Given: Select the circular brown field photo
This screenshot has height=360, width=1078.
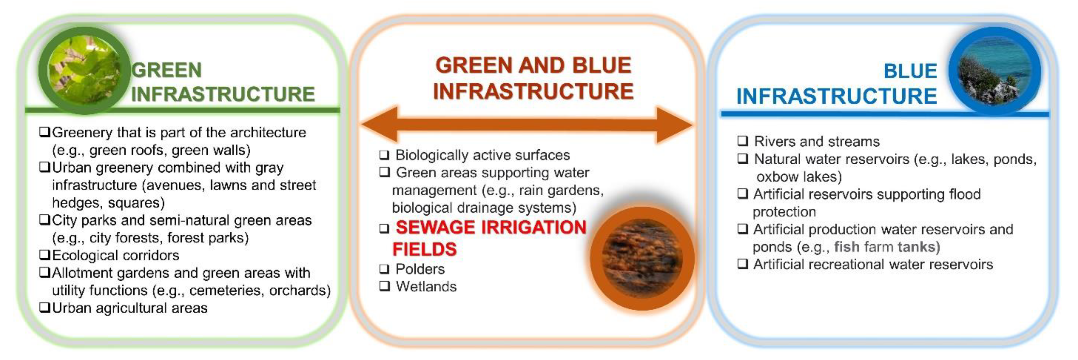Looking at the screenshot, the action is tap(642, 258).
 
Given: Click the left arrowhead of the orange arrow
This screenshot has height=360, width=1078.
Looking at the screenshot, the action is tap(379, 124).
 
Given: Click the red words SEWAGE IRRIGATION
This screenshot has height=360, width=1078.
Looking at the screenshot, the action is tap(491, 227).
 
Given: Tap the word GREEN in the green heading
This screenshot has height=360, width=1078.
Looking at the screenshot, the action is tap(166, 70).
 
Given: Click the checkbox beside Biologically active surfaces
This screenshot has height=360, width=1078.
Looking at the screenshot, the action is tap(385, 155).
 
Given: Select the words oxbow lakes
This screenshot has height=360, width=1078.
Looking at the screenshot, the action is tap(799, 177).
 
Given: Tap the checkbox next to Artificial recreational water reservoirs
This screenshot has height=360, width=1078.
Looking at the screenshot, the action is tap(743, 264).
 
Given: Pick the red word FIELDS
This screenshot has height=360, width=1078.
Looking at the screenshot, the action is tap(424, 249).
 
